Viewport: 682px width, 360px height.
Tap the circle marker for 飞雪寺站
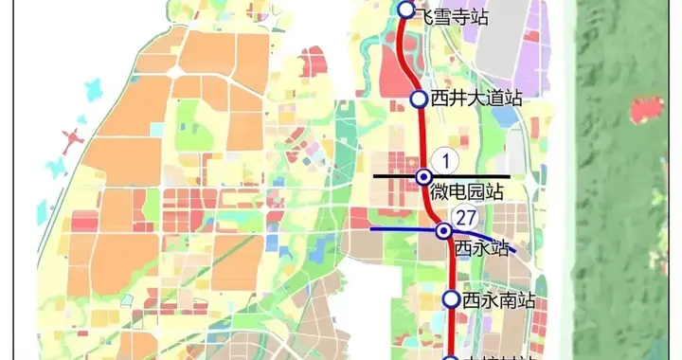tap(406, 9)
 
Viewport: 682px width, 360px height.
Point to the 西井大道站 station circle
tap(418, 99)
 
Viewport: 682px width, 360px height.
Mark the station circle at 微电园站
tap(424, 176)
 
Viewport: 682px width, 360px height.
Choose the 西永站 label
tap(482, 248)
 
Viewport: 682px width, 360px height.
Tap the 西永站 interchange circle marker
tap(442, 230)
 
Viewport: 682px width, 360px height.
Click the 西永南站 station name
tap(499, 300)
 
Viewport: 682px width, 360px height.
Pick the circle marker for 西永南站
tap(452, 300)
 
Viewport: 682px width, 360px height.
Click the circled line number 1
tap(442, 160)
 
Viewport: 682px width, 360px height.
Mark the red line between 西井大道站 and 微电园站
tap(422, 137)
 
